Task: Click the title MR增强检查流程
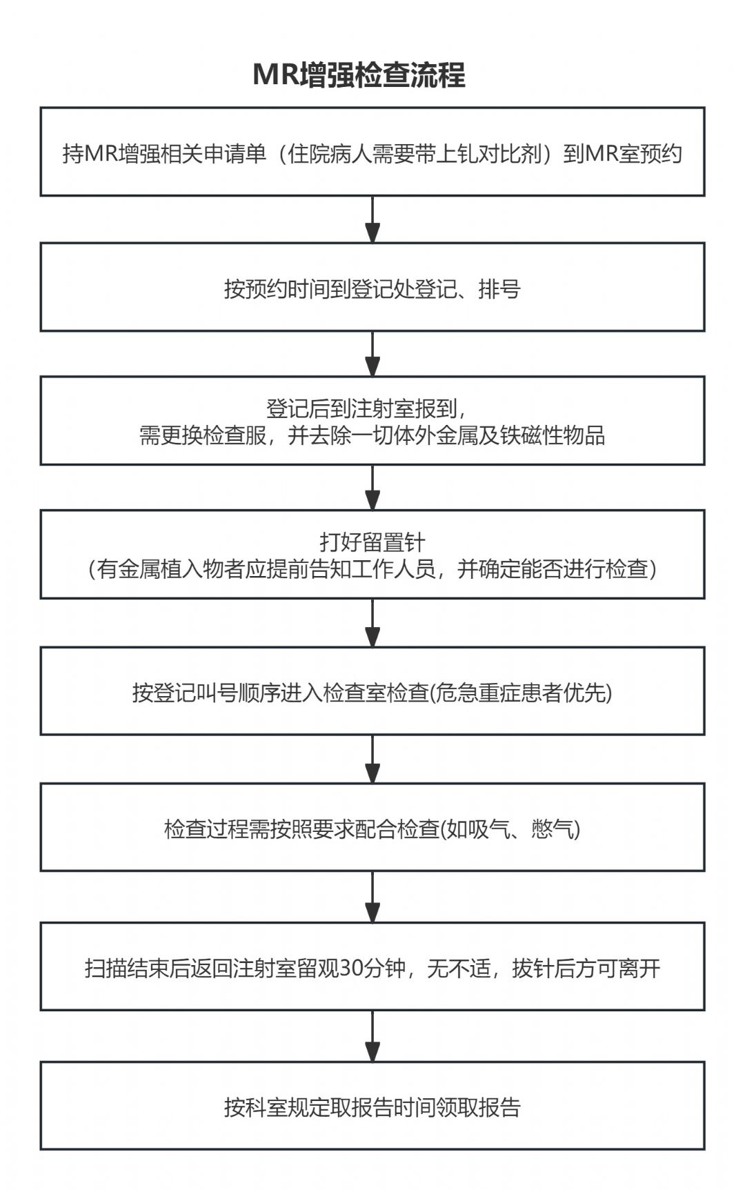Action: pyautogui.click(x=359, y=75)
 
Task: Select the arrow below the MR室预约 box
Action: pyautogui.click(x=372, y=219)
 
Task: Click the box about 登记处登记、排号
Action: pyautogui.click(x=372, y=287)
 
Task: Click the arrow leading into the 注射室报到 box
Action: pyautogui.click(x=372, y=354)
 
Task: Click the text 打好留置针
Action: pyautogui.click(x=372, y=542)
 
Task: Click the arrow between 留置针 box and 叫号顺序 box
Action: pyautogui.click(x=372, y=623)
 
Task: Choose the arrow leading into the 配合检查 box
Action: pyautogui.click(x=372, y=759)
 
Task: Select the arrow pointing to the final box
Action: pyautogui.click(x=372, y=1036)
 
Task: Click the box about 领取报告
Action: pyautogui.click(x=372, y=1106)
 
